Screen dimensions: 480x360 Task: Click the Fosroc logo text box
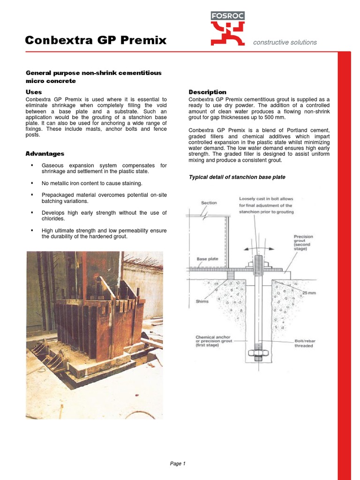[227, 15]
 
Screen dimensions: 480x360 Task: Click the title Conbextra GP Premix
[96, 40]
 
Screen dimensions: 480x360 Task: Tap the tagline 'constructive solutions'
[285, 42]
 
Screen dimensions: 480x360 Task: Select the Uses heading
[33, 92]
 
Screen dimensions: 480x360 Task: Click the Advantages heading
[45, 153]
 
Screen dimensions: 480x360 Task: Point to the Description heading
[207, 92]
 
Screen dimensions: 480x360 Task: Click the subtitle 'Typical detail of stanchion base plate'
[237, 177]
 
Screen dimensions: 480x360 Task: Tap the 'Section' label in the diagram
[209, 202]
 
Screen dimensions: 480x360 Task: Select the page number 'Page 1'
[178, 464]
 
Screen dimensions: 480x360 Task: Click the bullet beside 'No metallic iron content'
[32, 183]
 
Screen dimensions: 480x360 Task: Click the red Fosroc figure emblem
[227, 34]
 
